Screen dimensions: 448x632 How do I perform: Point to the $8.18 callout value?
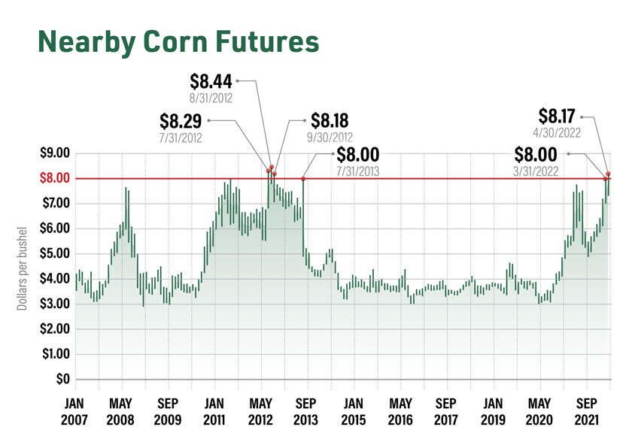[x=333, y=120]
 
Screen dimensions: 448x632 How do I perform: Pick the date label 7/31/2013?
[x=357, y=171]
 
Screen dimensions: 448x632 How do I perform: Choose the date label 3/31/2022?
[x=536, y=171]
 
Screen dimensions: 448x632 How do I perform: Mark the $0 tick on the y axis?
[x=62, y=378]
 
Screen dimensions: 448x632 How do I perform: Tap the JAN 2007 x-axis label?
[x=74, y=410]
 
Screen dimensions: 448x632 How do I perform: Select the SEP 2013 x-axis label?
[x=305, y=410]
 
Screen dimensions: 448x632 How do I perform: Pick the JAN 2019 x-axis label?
[x=493, y=410]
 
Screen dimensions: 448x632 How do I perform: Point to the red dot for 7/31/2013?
[x=302, y=178]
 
